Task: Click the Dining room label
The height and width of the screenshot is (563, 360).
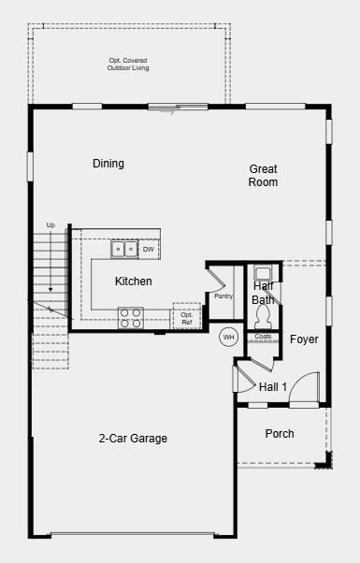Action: pos(108,164)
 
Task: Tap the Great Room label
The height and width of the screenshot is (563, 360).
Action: pos(264,176)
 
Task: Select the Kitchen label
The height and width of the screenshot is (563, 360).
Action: pos(133,281)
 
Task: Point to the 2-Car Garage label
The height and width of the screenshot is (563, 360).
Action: pos(134,438)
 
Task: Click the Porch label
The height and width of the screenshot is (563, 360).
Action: pos(280,434)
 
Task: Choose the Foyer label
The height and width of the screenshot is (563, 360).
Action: pos(304,339)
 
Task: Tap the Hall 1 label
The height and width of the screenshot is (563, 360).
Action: pos(273,386)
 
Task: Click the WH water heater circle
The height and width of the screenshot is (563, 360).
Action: pos(228,337)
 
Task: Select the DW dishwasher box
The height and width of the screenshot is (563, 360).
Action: pos(149,250)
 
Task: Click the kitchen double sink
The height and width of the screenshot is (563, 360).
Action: pos(124,249)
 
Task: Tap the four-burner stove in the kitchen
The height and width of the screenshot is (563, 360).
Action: pos(130,318)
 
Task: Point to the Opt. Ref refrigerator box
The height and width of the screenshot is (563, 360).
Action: pos(187,318)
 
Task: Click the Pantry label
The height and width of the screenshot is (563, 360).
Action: pos(223,296)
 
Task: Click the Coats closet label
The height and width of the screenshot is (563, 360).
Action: pos(263,337)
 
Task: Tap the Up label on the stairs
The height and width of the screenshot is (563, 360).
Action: pos(50,225)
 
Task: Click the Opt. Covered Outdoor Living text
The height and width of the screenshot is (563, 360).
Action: pos(129,65)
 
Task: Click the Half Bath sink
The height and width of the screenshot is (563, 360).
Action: pos(264,273)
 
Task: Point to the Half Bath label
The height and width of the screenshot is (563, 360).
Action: pos(263,293)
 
